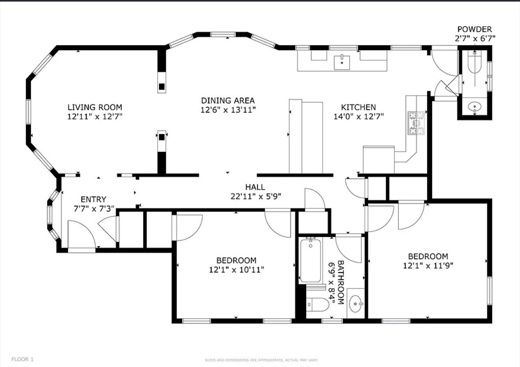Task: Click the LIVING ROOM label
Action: (x=95, y=107)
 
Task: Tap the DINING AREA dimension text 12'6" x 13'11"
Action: (x=228, y=110)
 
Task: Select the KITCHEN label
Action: (x=358, y=107)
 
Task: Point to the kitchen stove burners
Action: (x=416, y=123)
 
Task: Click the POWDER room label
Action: (x=474, y=29)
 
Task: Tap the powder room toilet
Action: (x=474, y=63)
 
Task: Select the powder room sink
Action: (x=475, y=107)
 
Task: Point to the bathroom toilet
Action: (x=318, y=304)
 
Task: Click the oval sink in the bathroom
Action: (x=357, y=304)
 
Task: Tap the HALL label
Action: (x=255, y=187)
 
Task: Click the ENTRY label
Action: (x=93, y=199)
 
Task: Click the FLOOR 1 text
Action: (x=22, y=359)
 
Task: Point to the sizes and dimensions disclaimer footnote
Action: (x=261, y=360)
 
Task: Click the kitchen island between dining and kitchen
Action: (x=306, y=137)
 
